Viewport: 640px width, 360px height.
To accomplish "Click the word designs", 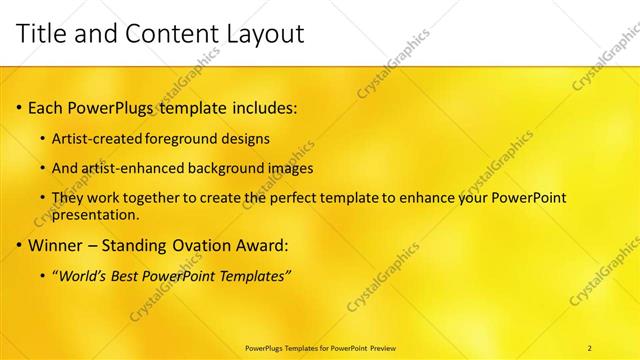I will coord(248,138).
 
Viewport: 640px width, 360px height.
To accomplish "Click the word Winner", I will coord(55,244).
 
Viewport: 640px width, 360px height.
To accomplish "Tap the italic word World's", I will coord(82,275).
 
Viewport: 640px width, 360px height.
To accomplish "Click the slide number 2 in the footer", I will coord(590,347).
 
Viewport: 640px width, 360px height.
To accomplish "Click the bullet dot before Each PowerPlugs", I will coord(20,106).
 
